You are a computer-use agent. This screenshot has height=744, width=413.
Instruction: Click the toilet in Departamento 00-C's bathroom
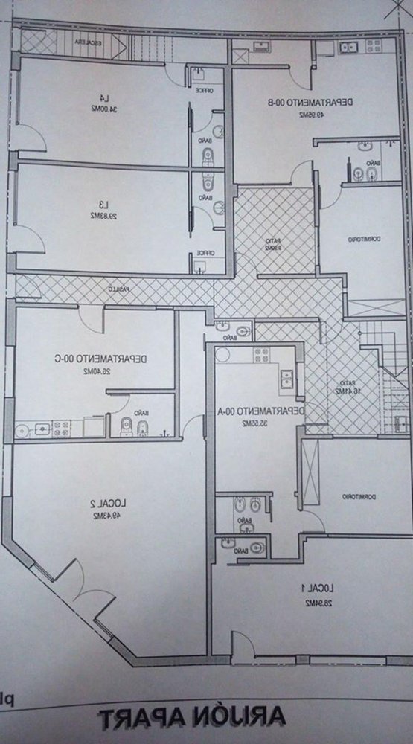point(126,427)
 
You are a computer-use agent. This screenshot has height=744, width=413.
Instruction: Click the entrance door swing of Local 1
point(246,644)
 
